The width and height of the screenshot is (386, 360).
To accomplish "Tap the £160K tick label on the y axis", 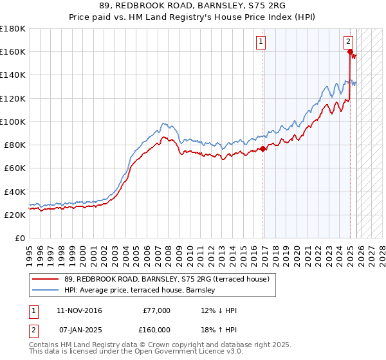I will (x=13, y=51).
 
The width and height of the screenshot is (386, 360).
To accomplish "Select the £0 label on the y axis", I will (x=21, y=238).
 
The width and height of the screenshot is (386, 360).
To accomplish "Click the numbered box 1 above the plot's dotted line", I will (x=261, y=42).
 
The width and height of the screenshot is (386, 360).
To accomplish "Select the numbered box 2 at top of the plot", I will (x=348, y=41).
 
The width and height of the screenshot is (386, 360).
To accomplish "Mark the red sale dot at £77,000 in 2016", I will (x=263, y=148).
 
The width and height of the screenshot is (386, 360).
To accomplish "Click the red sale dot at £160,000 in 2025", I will (x=351, y=52).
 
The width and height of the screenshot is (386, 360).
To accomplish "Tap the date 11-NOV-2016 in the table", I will (x=79, y=310).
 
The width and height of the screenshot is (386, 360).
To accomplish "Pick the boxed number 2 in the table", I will (x=33, y=329).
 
